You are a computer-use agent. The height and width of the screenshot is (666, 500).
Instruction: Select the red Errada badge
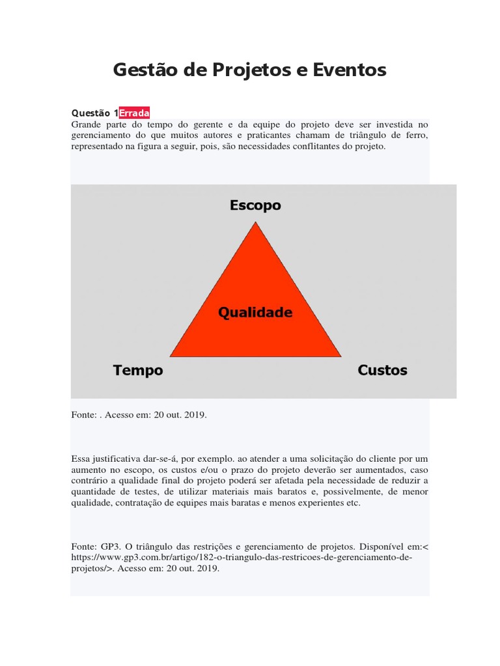pos(134,113)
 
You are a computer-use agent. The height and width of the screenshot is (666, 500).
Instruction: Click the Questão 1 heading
pos(94,113)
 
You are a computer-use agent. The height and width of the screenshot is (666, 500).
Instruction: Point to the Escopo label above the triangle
pos(255,206)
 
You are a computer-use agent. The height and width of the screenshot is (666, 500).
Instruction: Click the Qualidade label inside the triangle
pos(255,312)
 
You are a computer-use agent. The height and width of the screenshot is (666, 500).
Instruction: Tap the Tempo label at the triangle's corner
pos(138,371)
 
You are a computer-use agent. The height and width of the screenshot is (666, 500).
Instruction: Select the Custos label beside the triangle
pos(383,371)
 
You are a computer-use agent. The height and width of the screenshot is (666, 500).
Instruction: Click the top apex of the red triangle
pos(256,224)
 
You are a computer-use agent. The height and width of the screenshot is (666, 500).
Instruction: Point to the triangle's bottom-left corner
pos(171,356)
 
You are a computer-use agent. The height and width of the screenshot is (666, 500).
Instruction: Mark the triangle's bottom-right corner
pos(340,356)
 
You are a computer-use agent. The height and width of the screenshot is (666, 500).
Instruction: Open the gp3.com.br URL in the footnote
pos(242,557)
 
